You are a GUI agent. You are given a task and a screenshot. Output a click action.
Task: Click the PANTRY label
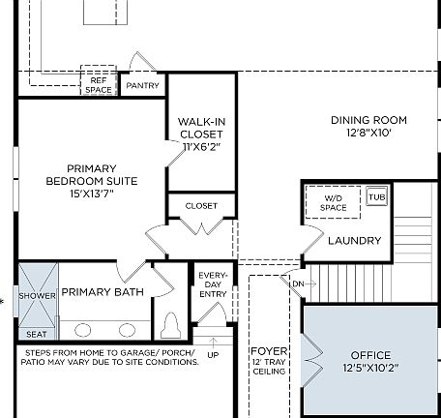click(x=142, y=86)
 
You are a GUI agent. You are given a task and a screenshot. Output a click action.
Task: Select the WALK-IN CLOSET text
click(x=202, y=128)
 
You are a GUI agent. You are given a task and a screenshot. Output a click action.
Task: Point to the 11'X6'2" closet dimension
click(x=202, y=146)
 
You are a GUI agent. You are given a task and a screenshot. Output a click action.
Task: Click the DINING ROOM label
click(x=368, y=121)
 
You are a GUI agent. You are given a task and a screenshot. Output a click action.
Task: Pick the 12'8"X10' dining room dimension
click(x=368, y=134)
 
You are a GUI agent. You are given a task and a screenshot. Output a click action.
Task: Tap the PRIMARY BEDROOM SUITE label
click(x=92, y=173)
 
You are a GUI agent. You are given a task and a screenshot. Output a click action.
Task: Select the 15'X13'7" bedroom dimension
click(x=92, y=194)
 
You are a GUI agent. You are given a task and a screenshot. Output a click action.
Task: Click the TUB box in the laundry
click(x=376, y=196)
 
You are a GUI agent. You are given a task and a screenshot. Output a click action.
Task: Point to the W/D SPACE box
click(x=333, y=203)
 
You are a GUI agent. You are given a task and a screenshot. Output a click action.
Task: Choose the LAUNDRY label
click(x=354, y=240)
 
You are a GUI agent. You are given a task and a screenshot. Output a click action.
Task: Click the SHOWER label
click(x=38, y=295)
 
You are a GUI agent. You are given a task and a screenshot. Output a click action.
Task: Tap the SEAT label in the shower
click(x=37, y=333)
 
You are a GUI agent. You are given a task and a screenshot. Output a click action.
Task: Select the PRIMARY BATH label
click(x=103, y=291)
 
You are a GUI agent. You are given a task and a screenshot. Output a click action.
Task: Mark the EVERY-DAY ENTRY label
click(x=212, y=284)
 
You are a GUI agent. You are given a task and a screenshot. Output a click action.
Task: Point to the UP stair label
click(x=214, y=355)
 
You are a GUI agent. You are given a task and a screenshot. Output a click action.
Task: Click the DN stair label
click(x=297, y=284)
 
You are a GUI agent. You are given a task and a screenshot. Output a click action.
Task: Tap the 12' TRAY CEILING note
click(x=269, y=366)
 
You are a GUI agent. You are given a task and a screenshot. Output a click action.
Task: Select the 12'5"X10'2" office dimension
click(x=371, y=369)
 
